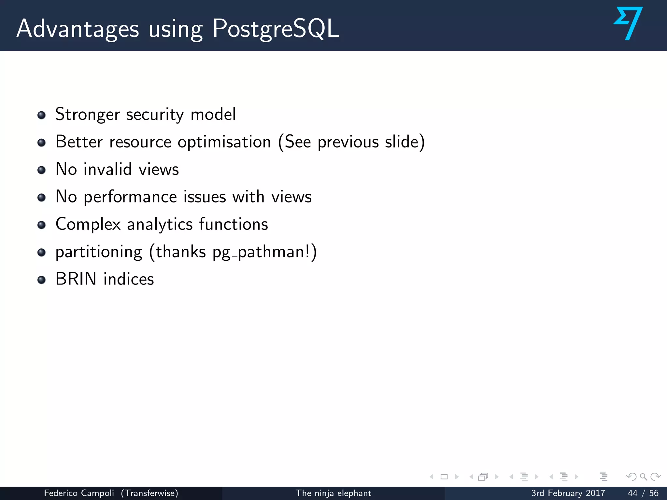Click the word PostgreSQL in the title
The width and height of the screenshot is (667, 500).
click(x=275, y=29)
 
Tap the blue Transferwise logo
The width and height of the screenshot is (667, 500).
click(x=628, y=23)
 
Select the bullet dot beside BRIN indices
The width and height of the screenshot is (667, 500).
click(x=41, y=280)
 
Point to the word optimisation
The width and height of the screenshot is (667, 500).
click(x=224, y=142)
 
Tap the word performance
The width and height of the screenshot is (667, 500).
click(x=155, y=197)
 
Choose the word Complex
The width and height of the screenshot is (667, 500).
click(x=88, y=225)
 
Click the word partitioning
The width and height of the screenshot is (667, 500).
click(x=99, y=252)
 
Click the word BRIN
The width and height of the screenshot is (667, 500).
click(x=76, y=279)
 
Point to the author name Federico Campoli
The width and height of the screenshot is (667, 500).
click(x=79, y=493)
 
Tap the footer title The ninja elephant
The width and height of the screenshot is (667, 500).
click(x=333, y=493)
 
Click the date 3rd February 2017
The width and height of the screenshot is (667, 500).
click(x=568, y=493)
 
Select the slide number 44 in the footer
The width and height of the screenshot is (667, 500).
click(x=632, y=493)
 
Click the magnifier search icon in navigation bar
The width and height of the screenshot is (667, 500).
click(x=643, y=477)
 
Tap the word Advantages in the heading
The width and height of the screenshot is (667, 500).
click(x=78, y=29)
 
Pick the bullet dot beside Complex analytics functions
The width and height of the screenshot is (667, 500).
click(x=41, y=225)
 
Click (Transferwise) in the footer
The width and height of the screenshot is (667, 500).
click(x=149, y=493)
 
